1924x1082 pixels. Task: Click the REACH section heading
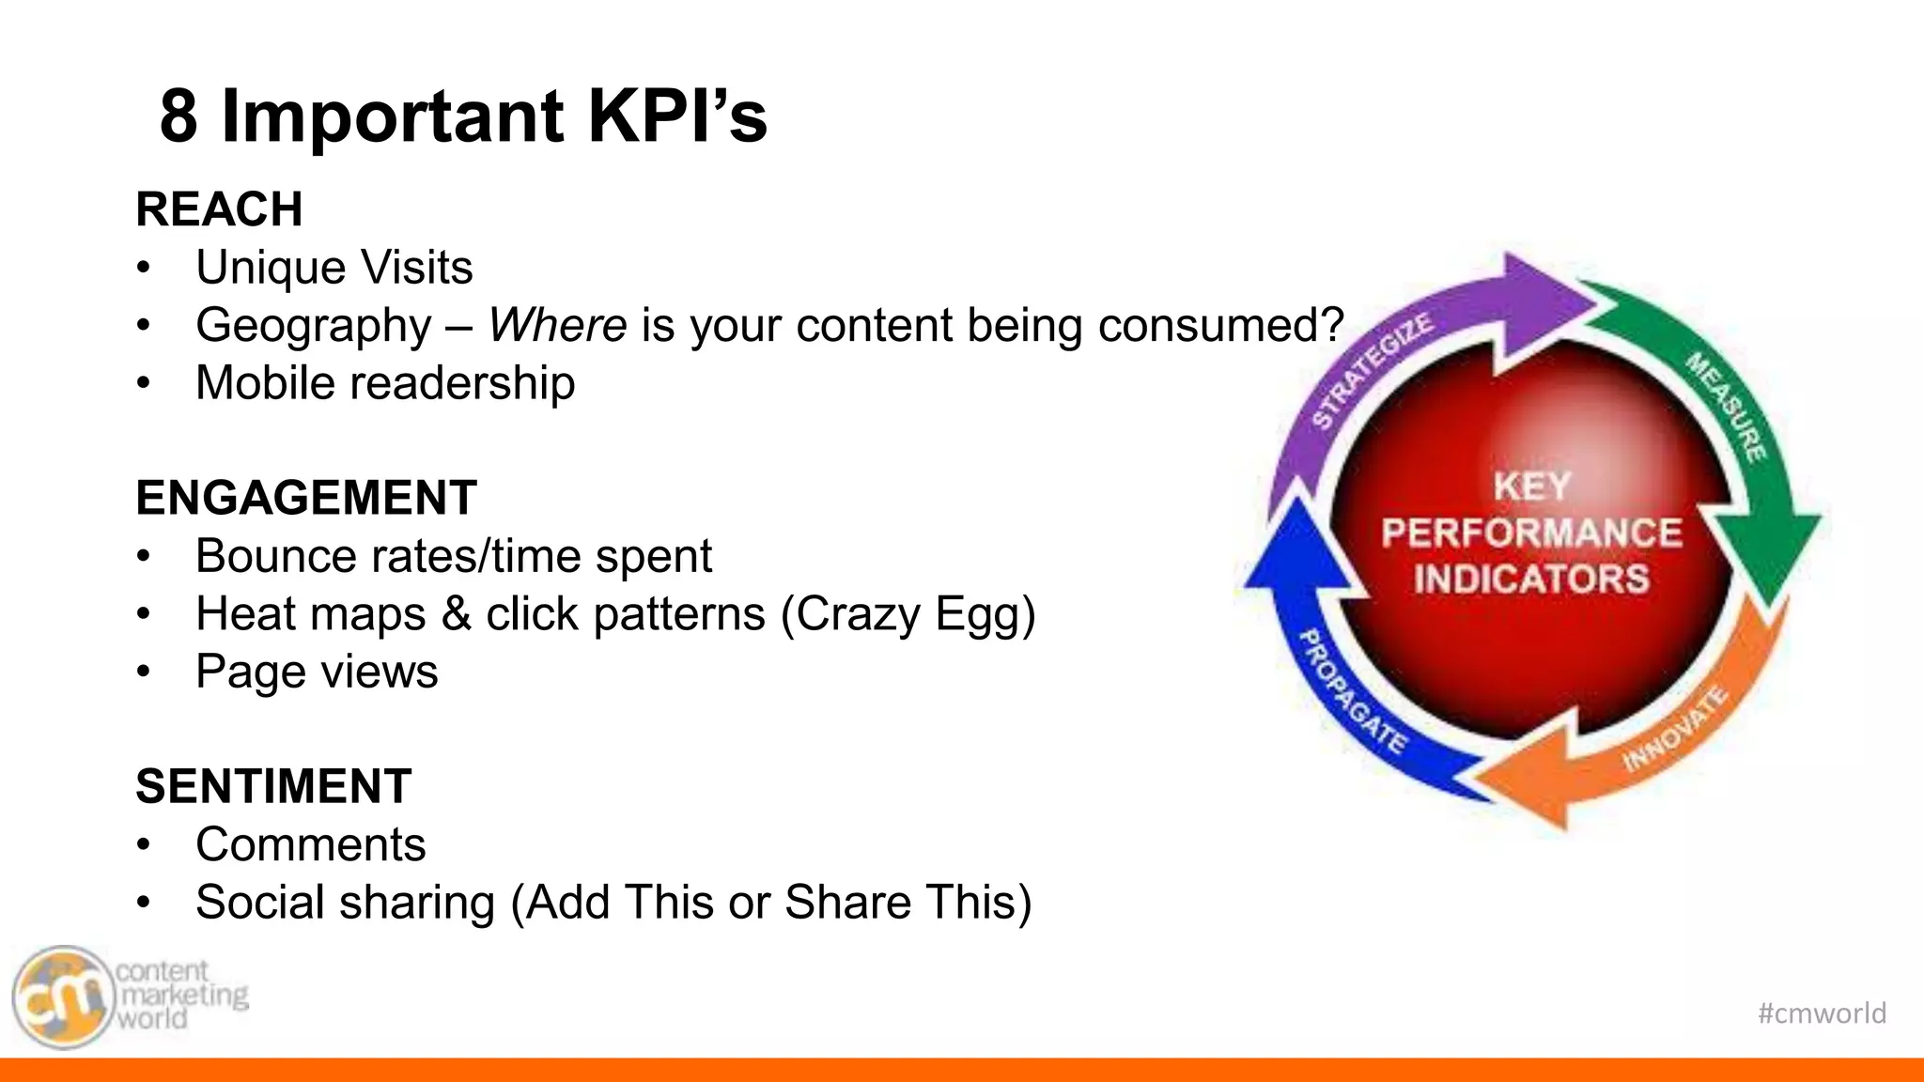click(219, 209)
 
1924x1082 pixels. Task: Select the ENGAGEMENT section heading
click(306, 498)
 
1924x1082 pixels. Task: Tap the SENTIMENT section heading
click(273, 786)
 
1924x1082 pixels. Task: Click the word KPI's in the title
click(676, 116)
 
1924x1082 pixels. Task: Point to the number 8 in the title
click(178, 116)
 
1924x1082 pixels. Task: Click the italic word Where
click(557, 326)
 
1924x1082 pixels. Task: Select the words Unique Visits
click(334, 268)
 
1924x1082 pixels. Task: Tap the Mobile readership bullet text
click(385, 383)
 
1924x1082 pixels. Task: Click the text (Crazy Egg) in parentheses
click(908, 615)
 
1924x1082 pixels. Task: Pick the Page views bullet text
click(317, 672)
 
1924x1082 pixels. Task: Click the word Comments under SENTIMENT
click(310, 844)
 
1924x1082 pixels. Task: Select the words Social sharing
click(345, 903)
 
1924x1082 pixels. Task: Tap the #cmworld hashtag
click(1822, 1013)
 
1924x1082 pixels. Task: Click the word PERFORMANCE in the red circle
click(1531, 533)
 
